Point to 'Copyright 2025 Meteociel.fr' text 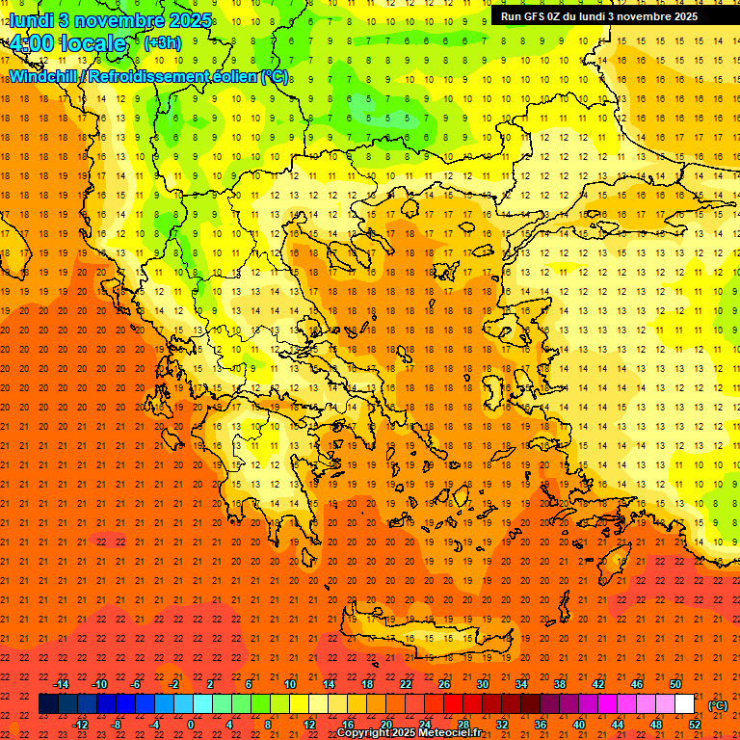coord(409,733)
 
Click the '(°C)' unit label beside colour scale coord(718,705)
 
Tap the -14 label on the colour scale coord(62,684)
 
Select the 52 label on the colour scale coord(695,724)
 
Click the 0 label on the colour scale coord(191,724)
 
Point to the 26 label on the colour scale coord(444,684)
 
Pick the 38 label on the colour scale coord(560,684)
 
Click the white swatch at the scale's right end coord(685,704)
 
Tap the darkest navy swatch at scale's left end coord(48,704)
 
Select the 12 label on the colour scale coord(309,724)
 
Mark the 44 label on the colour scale coord(618,724)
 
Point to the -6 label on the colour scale coord(136,684)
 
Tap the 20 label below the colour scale coord(386,724)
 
